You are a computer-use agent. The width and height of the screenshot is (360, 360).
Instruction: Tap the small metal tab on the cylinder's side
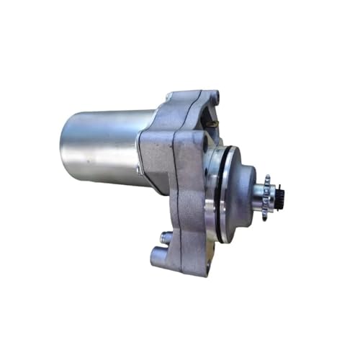pos(137,169)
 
